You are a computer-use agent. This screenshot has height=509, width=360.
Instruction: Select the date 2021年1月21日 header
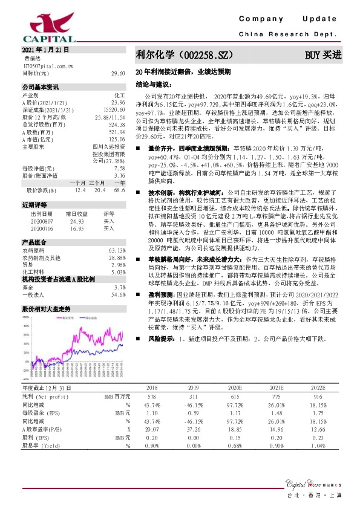pos(45,49)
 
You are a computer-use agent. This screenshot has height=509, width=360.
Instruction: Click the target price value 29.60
pos(118,73)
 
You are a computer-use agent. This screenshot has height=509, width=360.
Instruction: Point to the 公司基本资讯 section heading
pos(41,86)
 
